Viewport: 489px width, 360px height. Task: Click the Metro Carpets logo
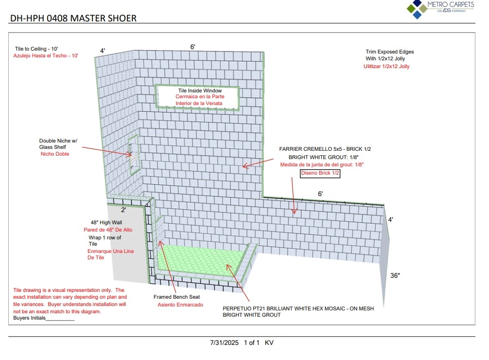click(x=440, y=9)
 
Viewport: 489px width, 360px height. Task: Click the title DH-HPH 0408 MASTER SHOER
click(x=73, y=18)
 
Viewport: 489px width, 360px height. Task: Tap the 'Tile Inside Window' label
click(x=199, y=90)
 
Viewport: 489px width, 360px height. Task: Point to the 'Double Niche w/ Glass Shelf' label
click(x=58, y=144)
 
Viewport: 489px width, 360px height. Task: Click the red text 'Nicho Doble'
click(x=55, y=154)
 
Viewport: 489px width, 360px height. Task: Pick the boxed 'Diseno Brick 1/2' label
click(x=320, y=173)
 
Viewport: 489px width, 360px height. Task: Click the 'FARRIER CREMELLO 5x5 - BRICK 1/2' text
click(x=328, y=149)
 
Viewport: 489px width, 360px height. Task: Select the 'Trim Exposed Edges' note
click(x=390, y=52)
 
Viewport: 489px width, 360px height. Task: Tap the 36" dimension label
click(x=395, y=275)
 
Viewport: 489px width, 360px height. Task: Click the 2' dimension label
click(x=124, y=210)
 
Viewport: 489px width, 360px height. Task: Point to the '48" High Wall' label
click(x=106, y=222)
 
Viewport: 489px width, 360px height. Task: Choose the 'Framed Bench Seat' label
click(x=177, y=297)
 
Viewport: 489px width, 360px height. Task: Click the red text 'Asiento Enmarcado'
click(x=180, y=305)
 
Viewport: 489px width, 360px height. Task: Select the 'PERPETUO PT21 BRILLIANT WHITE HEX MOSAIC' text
click(x=298, y=308)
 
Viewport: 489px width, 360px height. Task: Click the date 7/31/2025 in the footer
click(x=224, y=342)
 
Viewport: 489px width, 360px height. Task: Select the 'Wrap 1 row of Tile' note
click(x=105, y=240)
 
